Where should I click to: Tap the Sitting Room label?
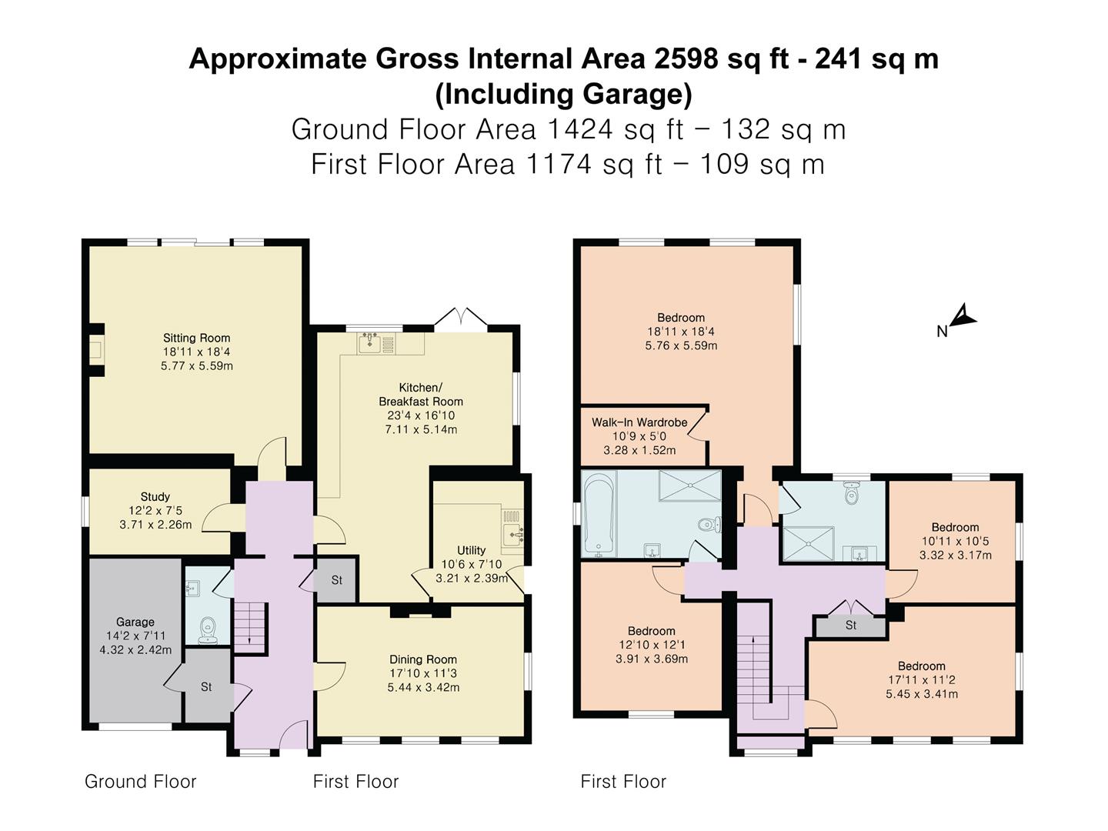click(196, 338)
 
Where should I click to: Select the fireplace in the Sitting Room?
click(95, 352)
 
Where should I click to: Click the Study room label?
click(155, 496)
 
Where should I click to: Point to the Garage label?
click(135, 622)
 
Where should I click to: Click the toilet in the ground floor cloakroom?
click(206, 630)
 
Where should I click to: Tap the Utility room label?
click(471, 550)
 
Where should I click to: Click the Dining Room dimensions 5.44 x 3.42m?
click(423, 687)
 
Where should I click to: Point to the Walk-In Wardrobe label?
click(639, 422)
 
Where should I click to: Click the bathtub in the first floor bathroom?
click(599, 514)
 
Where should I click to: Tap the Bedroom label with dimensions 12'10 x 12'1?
click(651, 631)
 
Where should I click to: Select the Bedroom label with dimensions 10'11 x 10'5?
click(955, 527)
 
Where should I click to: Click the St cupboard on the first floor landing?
click(850, 626)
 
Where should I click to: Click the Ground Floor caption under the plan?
click(141, 782)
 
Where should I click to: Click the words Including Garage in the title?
click(564, 94)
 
